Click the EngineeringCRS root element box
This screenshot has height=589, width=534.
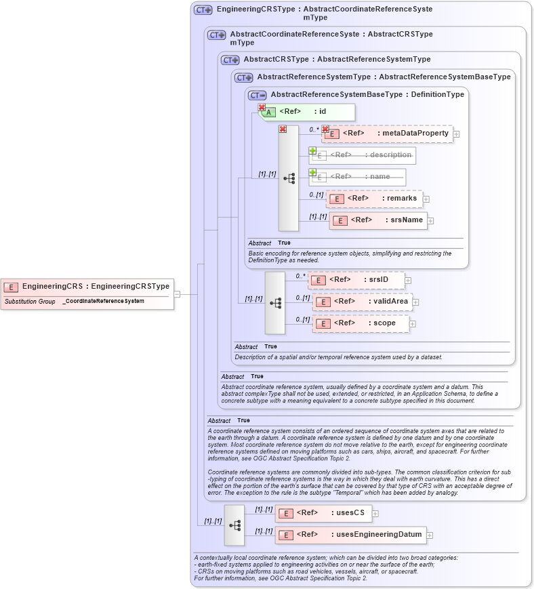coord(87,286)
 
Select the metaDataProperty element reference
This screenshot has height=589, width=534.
coord(387,134)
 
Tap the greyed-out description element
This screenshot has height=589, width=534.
coord(362,155)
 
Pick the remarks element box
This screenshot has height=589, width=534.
coord(374,199)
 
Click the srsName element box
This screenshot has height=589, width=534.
coord(378,220)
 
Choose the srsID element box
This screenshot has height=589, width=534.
coord(356,280)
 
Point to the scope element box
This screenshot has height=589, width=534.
coord(361,323)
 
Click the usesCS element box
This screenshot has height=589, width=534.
coord(323,513)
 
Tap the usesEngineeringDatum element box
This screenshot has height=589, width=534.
coord(350,535)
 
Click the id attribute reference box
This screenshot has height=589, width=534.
coord(308,112)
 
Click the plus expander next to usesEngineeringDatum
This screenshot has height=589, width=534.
coord(430,535)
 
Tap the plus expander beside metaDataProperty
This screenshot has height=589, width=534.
coord(456,134)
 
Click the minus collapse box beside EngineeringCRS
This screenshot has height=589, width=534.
coord(177,294)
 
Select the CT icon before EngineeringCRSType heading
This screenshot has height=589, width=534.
coord(203,10)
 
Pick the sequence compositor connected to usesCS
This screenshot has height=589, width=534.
coord(234,525)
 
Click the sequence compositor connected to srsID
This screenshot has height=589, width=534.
coord(275,303)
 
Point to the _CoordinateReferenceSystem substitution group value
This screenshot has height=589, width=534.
coord(104,301)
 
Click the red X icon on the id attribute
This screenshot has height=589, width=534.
coord(262,107)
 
